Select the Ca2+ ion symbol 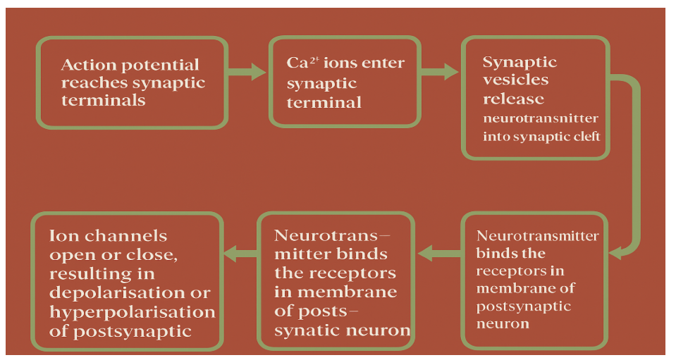click(x=298, y=63)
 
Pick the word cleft click(x=585, y=136)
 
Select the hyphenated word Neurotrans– click(x=331, y=235)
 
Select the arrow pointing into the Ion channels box click(x=240, y=252)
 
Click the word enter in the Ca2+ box click(x=383, y=63)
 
